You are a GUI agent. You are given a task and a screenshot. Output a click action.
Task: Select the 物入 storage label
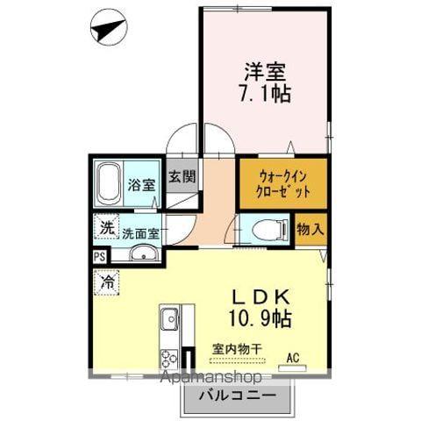click(310, 230)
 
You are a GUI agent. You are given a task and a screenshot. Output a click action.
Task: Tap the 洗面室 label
click(139, 234)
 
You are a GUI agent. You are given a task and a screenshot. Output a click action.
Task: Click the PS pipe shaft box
click(98, 256)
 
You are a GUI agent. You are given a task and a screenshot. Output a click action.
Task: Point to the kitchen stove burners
click(168, 358)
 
